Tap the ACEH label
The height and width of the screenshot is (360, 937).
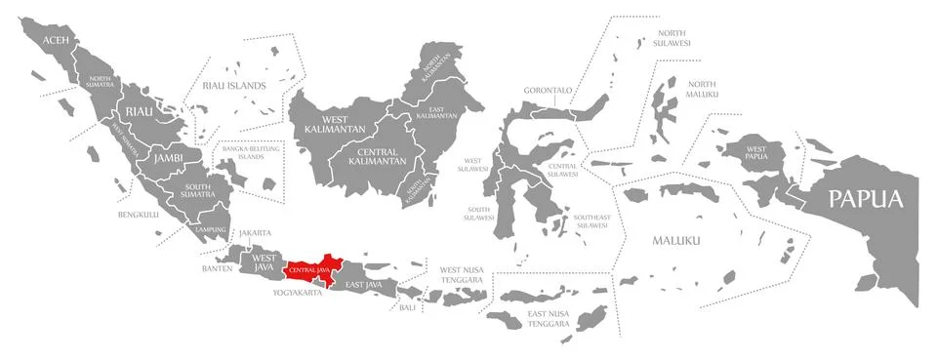pos(56,40)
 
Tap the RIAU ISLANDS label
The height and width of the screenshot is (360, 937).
pos(233,86)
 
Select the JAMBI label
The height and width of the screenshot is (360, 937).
pos(167,157)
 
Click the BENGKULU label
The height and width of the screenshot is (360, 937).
pos(138,214)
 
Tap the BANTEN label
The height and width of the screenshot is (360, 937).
pos(217,267)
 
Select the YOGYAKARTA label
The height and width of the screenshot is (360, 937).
pos(297,293)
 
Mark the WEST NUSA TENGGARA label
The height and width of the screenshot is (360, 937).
pos(462,274)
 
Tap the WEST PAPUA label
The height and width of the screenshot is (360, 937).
pos(758,151)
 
